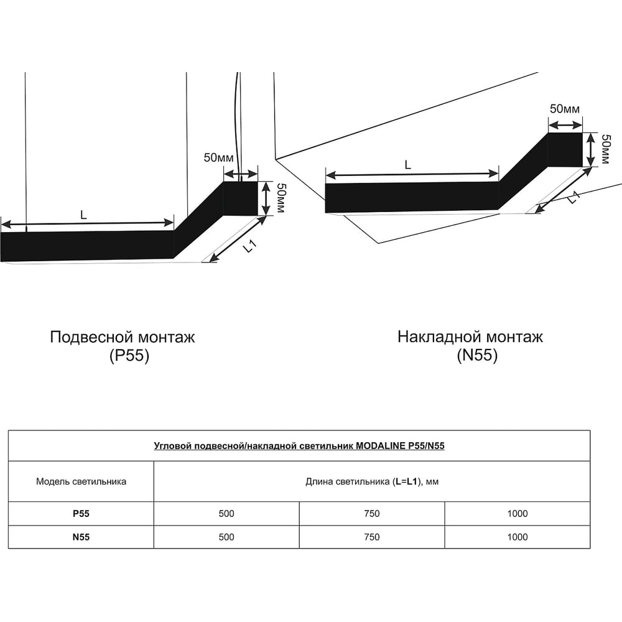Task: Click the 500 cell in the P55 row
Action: pyautogui.click(x=226, y=513)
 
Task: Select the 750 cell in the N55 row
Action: pyautogui.click(x=372, y=537)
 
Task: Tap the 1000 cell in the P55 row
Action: pyautogui.click(x=518, y=513)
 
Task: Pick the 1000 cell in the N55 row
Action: pyautogui.click(x=518, y=537)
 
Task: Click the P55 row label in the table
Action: pyautogui.click(x=81, y=513)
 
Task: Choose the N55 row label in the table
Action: pyautogui.click(x=81, y=537)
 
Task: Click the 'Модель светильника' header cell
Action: pyautogui.click(x=81, y=481)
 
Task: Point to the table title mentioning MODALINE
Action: pyautogui.click(x=299, y=446)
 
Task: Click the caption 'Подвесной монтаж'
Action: pyautogui.click(x=123, y=337)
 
